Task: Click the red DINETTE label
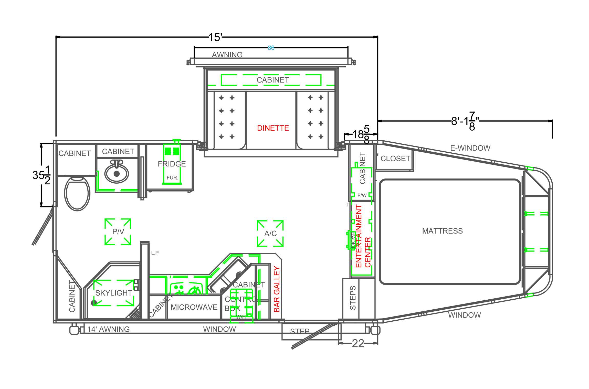tap(273, 128)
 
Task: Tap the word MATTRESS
tap(442, 231)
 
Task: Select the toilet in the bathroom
tap(77, 193)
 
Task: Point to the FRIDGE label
tap(172, 164)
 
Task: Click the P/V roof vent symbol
tap(118, 232)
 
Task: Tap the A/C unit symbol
tap(270, 233)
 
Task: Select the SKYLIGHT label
tap(113, 293)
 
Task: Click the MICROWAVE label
tap(194, 307)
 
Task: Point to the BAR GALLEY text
tap(277, 289)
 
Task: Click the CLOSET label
tap(395, 159)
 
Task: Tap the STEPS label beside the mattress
tap(353, 298)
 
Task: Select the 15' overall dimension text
tap(215, 37)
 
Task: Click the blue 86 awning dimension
tap(271, 48)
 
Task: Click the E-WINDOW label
tap(470, 148)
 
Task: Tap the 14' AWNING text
tap(109, 329)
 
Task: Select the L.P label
tap(155, 253)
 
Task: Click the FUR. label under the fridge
tap(172, 178)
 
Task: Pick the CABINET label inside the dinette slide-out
tap(273, 80)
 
